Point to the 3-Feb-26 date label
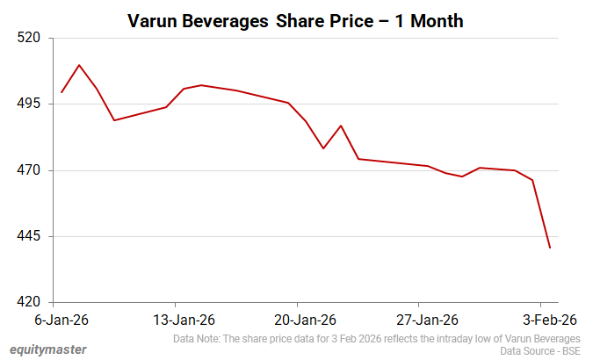pyautogui.click(x=544, y=319)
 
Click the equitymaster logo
pyautogui.click(x=43, y=349)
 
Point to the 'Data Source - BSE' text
pyautogui.click(x=540, y=350)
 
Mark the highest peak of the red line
pyautogui.click(x=79, y=65)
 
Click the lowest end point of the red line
pyautogui.click(x=550, y=248)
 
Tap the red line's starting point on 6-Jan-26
pyautogui.click(x=61, y=92)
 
